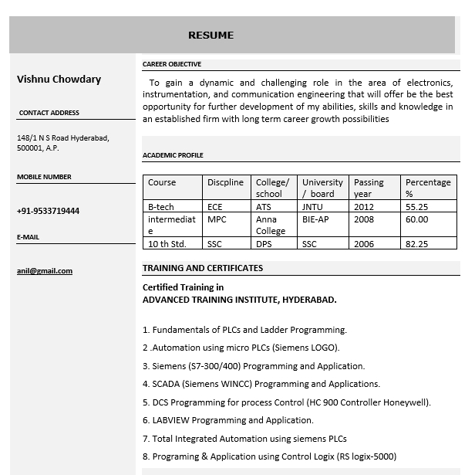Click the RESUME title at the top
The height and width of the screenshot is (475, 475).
(x=211, y=36)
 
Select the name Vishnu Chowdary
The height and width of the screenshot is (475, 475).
(x=59, y=79)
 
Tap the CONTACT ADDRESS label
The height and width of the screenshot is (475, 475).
(x=49, y=113)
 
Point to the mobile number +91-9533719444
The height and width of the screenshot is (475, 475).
(x=48, y=211)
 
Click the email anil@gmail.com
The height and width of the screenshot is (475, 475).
(x=45, y=271)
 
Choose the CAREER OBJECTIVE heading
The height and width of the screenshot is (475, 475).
(x=172, y=64)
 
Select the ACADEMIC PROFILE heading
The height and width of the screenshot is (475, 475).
(x=173, y=155)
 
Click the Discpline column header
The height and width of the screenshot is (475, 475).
(x=225, y=183)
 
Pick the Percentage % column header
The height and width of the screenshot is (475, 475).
(x=428, y=188)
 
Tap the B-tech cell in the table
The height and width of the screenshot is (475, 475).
(x=161, y=207)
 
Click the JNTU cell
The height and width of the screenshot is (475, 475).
(x=312, y=207)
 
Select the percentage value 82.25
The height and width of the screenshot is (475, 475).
(x=417, y=244)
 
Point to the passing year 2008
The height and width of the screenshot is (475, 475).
(x=364, y=219)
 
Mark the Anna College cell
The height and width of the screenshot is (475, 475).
(x=271, y=225)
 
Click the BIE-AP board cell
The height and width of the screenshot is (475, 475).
(x=315, y=219)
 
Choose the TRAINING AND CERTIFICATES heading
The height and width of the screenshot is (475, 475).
(x=203, y=268)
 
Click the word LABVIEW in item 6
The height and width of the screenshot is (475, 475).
(x=170, y=420)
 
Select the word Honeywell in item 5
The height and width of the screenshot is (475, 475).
(x=407, y=402)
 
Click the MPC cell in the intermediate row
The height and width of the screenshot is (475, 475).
(x=217, y=219)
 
